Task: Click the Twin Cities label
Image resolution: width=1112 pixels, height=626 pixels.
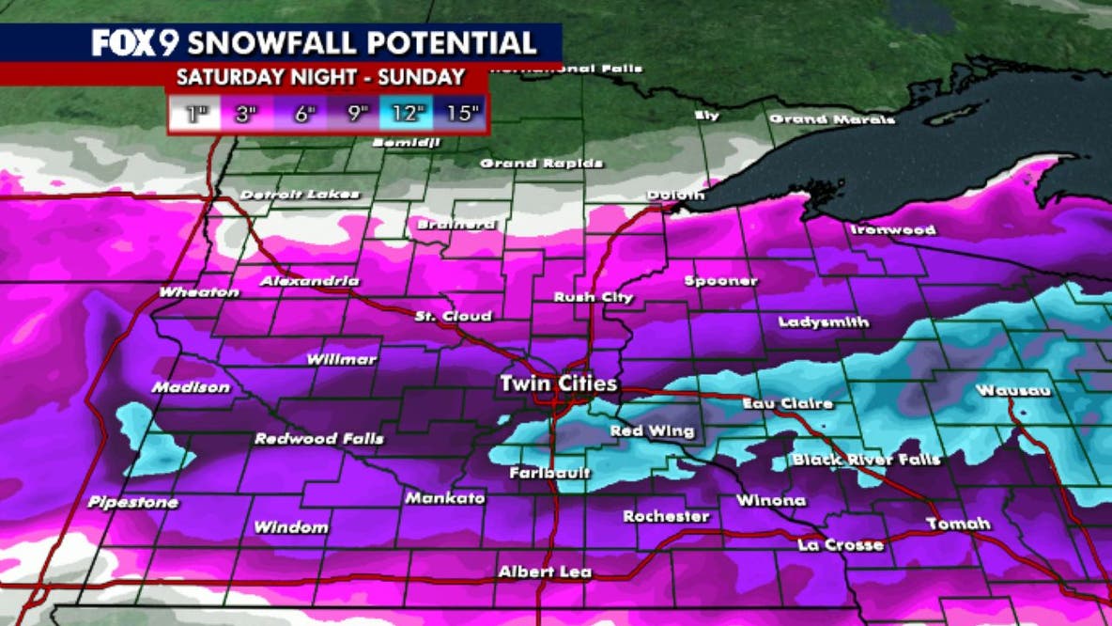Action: [559, 383]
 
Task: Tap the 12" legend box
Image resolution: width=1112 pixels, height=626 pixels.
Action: [407, 115]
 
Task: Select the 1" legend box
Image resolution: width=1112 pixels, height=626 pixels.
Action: [196, 115]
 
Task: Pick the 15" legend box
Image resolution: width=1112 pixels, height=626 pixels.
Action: [462, 115]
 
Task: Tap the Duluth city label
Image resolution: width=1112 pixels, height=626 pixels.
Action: [674, 195]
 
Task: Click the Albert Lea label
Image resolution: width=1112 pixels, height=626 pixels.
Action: [539, 571]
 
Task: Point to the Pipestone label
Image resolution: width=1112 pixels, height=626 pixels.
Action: [133, 503]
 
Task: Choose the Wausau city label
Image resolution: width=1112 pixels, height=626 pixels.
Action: [1013, 390]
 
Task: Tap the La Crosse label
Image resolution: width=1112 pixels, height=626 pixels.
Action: [841, 544]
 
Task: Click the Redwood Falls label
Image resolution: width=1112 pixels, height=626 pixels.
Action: [319, 439]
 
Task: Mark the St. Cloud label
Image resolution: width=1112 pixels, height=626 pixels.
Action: [453, 317]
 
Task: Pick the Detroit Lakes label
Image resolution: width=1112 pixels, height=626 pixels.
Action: [300, 195]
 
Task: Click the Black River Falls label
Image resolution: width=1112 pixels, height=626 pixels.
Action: [866, 460]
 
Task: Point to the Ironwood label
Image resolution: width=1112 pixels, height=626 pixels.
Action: [893, 229]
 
